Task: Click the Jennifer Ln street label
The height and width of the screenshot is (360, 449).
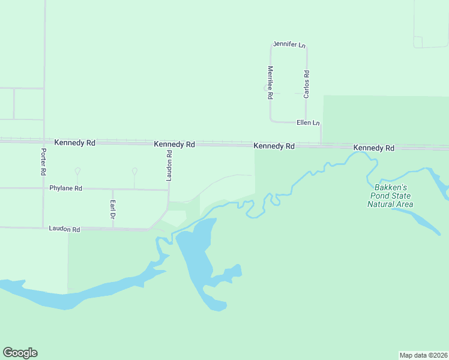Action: pos(289,44)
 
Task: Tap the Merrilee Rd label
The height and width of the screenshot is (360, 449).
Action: pos(271,82)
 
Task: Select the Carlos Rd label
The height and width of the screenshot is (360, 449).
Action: pos(306,85)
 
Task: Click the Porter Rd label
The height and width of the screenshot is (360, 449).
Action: pos(44,161)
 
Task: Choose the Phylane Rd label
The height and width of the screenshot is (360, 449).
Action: pos(65,188)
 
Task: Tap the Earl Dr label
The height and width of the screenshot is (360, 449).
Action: pos(112,208)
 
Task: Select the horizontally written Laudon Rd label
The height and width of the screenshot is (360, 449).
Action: pos(64,229)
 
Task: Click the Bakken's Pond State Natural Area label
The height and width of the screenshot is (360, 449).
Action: pos(390,196)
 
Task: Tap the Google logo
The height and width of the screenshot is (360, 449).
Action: pos(20,353)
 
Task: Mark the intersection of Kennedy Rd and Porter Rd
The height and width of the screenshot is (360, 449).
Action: pos(44,142)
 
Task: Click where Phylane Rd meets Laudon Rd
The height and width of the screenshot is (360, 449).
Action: pos(169,190)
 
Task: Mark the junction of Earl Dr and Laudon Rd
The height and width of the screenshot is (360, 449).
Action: pos(112,229)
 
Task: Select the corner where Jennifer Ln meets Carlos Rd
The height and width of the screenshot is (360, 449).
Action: pos(306,46)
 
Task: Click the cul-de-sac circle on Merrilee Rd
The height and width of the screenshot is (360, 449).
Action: pos(266,88)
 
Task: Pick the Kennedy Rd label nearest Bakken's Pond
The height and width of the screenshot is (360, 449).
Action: pos(373,147)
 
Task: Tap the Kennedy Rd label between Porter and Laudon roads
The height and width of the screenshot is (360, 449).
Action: pos(74,143)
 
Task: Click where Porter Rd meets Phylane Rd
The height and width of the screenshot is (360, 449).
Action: pos(44,188)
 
